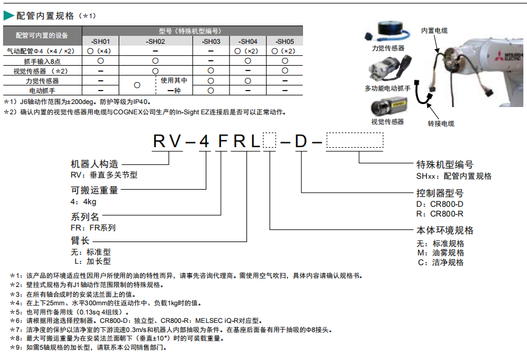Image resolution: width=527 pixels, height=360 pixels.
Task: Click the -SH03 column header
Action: click(x=211, y=41)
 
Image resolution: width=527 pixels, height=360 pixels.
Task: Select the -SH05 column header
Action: click(x=285, y=41)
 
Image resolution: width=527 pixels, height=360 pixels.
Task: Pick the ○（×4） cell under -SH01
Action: click(x=100, y=51)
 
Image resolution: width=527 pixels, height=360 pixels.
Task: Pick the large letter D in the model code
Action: click(x=302, y=141)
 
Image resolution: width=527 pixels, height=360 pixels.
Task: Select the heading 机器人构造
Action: click(x=94, y=164)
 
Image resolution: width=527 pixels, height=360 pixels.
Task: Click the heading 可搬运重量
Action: click(x=94, y=190)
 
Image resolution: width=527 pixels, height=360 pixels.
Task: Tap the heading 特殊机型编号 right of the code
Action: click(x=444, y=165)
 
